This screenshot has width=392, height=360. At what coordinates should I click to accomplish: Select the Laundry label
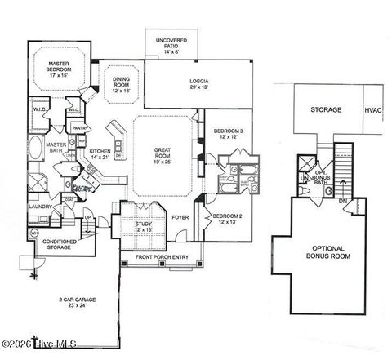point(41,207)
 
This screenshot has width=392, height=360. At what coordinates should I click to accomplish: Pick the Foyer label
point(180,217)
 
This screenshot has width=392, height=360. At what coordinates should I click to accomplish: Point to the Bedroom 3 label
point(228,135)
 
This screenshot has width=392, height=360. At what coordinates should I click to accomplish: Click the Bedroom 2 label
point(228,218)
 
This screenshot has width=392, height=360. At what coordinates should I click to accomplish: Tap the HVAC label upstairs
point(372,109)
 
